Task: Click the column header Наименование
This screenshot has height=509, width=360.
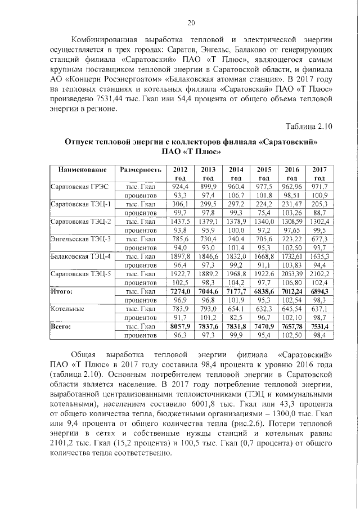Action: point(80,170)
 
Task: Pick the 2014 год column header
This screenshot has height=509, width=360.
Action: point(236,173)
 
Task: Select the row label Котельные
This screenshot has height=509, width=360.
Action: point(67,309)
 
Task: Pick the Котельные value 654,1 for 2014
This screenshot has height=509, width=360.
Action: point(236,309)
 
